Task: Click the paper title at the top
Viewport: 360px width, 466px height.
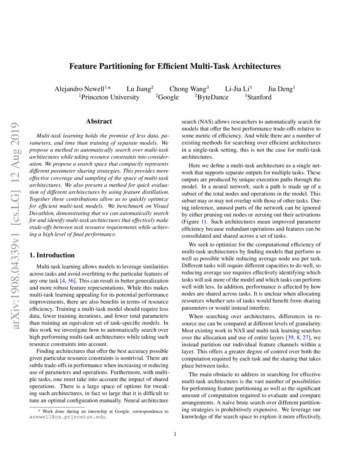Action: tap(175, 67)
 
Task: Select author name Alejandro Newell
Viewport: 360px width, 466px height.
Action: tap(81, 89)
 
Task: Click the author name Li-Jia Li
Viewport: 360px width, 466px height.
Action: tap(238, 89)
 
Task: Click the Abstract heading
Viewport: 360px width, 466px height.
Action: tap(99, 122)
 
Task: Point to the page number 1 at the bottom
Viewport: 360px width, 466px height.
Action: tap(174, 434)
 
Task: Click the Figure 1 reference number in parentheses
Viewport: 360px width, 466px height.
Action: tap(203, 222)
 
